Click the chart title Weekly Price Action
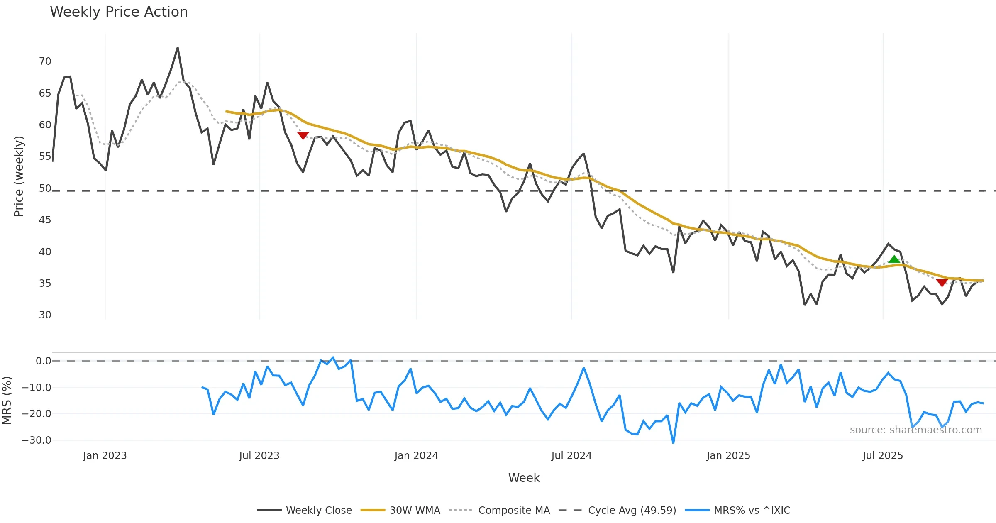(x=119, y=12)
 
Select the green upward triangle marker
(x=894, y=259)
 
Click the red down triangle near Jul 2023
(x=303, y=135)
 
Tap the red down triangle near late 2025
(x=942, y=283)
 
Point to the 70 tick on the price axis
(x=45, y=61)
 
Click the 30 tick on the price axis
(x=45, y=315)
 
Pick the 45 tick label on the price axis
(x=45, y=220)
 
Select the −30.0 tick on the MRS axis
(x=37, y=440)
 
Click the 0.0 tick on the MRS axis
(x=43, y=361)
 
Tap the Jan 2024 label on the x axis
(x=416, y=456)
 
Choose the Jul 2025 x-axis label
(x=883, y=456)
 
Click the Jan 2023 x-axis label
(x=105, y=456)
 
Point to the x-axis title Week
(x=524, y=478)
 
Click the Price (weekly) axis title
(x=19, y=176)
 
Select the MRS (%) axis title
(x=7, y=400)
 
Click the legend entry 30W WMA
(x=415, y=510)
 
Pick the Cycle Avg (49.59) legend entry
(x=632, y=510)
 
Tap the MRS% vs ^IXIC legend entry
(x=752, y=510)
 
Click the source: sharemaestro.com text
(x=915, y=430)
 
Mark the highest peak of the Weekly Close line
(x=178, y=48)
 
